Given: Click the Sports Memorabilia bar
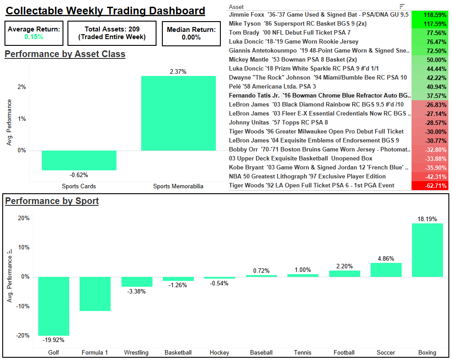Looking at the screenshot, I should point(178,113).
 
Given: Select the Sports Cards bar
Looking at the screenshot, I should point(79,160).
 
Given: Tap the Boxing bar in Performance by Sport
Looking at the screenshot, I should point(427,250).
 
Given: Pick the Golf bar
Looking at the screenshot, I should point(54,306).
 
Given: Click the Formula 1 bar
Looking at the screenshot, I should point(95,294).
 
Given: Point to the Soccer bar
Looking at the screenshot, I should point(386,270).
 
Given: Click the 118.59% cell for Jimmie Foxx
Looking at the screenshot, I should point(430,14).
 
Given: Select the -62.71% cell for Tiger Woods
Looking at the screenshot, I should point(430,185).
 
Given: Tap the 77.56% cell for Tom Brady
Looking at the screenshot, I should point(430,32).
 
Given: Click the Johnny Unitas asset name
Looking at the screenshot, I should point(278,122).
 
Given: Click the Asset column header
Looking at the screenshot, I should point(237,7).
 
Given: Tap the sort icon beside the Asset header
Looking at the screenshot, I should point(402,6).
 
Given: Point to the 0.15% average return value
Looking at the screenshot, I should point(34,37).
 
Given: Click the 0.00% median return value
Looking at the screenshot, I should point(191,37).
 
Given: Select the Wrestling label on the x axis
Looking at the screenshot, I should point(136,352).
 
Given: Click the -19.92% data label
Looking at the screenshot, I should point(54,340).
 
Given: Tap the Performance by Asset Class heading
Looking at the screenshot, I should point(65,54).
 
